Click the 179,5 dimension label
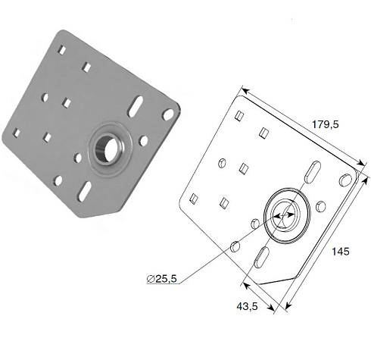(325, 124)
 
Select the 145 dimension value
(341, 252)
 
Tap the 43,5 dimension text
(247, 306)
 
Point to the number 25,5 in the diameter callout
(167, 279)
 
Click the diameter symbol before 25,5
(151, 279)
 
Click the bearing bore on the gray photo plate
(107, 149)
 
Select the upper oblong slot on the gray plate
(135, 106)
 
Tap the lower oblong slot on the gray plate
(84, 192)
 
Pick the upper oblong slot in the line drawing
(313, 171)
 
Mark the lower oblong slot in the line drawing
(261, 257)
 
